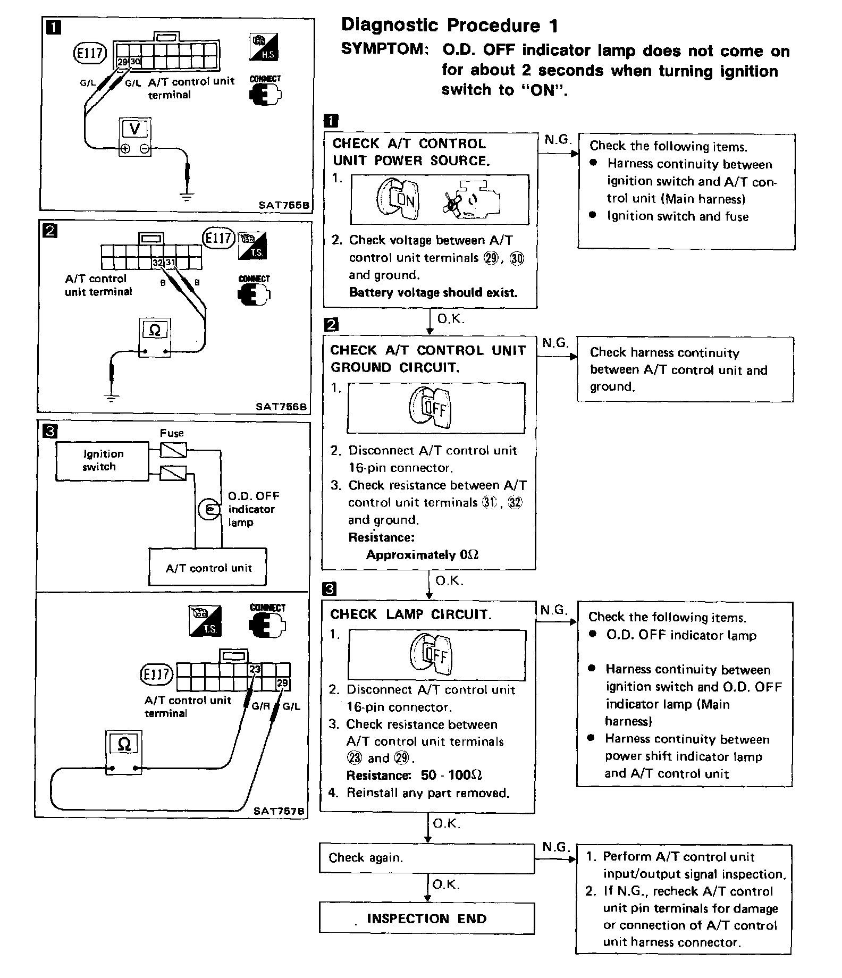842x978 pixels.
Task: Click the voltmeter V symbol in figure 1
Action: tap(134, 129)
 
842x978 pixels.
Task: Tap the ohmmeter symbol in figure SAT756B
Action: tap(154, 331)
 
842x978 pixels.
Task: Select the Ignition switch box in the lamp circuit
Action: tap(102, 461)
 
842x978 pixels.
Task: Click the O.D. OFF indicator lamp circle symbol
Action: tap(208, 509)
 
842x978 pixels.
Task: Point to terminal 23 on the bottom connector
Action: tap(255, 669)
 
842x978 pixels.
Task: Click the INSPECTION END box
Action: tap(426, 918)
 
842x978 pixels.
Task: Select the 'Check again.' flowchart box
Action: tap(426, 857)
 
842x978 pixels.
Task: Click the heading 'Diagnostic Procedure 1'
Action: tap(449, 25)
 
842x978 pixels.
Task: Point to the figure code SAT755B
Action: tap(284, 204)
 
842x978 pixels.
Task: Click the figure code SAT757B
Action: tap(279, 811)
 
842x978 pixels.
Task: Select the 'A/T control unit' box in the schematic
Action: tap(208, 568)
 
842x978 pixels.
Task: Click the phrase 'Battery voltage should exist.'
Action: tap(433, 292)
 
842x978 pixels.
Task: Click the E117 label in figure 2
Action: tap(218, 238)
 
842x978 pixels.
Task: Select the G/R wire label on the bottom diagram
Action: tap(261, 706)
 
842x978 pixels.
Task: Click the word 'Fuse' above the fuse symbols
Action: tap(172, 433)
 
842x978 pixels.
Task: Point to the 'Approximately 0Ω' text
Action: tap(422, 555)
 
